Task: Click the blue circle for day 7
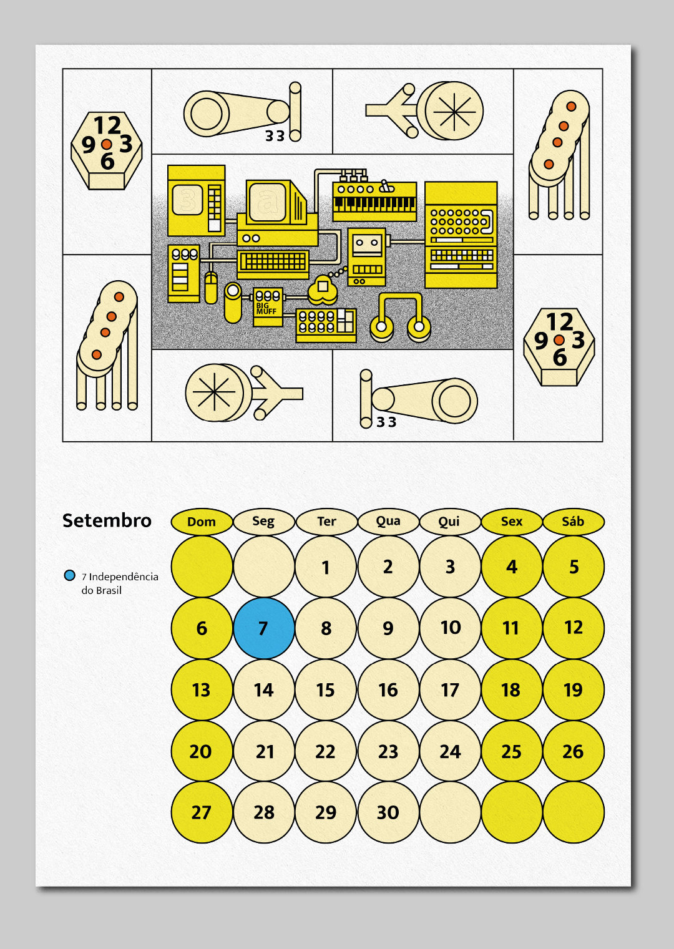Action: [263, 628]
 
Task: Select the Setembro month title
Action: [107, 520]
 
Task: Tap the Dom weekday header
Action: [202, 522]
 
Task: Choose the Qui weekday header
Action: [449, 522]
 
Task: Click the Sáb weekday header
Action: [574, 522]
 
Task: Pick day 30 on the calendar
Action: [388, 812]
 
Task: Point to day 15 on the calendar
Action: [325, 689]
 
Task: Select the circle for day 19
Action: [574, 689]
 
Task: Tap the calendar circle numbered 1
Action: [325, 567]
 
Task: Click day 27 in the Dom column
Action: [202, 812]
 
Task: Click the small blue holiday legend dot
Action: [69, 576]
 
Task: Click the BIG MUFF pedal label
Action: [266, 308]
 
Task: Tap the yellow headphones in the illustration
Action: [400, 317]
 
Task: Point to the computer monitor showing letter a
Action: [276, 202]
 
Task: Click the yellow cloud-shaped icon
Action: [323, 289]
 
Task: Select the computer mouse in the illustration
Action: [211, 288]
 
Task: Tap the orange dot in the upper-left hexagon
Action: [106, 145]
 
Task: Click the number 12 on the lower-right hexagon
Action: [559, 322]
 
